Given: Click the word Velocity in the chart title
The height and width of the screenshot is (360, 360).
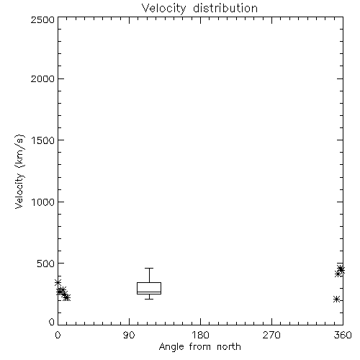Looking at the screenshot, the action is [163, 9].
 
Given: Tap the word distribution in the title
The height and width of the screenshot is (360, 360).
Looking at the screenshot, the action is [225, 8].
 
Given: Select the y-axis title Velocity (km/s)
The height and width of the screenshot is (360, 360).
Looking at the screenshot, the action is [19, 171].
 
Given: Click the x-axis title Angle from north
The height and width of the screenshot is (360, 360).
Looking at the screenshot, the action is [199, 347].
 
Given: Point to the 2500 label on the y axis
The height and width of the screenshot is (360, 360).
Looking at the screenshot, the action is [42, 19].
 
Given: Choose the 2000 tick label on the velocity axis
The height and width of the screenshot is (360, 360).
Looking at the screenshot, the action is [42, 78].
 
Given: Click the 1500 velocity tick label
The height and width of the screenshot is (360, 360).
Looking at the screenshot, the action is [43, 140].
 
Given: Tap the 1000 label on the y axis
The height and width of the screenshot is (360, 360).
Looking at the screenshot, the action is [43, 202].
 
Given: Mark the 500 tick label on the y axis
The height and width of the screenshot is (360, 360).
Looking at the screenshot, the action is [45, 264].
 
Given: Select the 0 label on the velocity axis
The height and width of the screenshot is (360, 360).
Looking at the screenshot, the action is [52, 322].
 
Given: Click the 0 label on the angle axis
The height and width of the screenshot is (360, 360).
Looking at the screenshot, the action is [58, 335].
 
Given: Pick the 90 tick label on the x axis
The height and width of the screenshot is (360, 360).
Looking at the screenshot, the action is [129, 335].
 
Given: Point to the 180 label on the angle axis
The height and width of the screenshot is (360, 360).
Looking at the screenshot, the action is [200, 335].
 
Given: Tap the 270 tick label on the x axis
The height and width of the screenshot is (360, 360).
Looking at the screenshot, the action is [271, 335].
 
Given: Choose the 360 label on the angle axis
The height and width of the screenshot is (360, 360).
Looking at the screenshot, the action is [343, 335].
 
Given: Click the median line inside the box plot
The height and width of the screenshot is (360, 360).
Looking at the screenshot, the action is [149, 292].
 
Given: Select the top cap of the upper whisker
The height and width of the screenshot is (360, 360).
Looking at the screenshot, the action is [149, 268].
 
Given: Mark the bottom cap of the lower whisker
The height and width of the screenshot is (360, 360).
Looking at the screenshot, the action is [149, 299].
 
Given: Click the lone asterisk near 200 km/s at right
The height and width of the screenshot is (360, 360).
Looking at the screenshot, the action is [336, 299].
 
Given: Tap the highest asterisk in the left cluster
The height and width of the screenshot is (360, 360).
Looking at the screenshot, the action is [58, 283].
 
